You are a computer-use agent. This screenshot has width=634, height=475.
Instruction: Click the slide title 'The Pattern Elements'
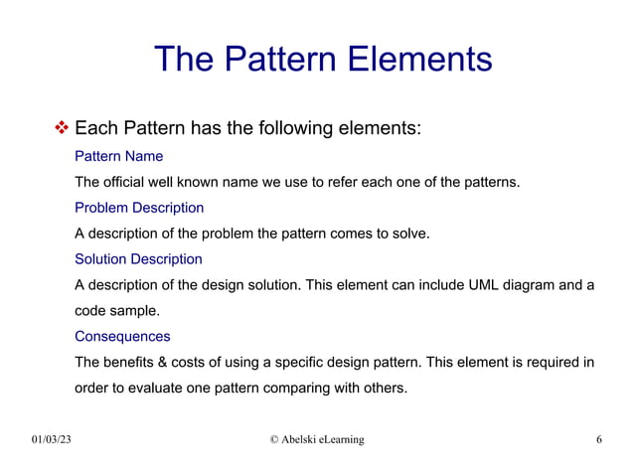tap(323, 59)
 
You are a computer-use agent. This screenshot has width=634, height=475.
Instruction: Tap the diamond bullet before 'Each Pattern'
tap(61, 128)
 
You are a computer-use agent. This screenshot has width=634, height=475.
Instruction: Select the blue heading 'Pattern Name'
tap(118, 156)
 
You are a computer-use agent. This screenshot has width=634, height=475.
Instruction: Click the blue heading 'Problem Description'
tap(139, 208)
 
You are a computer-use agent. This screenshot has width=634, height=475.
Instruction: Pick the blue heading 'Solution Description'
tap(138, 259)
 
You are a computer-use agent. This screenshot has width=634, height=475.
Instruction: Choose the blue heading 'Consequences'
tap(122, 336)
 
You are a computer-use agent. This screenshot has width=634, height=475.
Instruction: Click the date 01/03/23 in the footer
tap(52, 439)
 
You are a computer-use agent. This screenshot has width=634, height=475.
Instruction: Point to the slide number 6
tap(599, 439)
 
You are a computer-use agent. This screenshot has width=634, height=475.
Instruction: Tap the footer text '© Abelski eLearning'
tap(317, 439)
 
